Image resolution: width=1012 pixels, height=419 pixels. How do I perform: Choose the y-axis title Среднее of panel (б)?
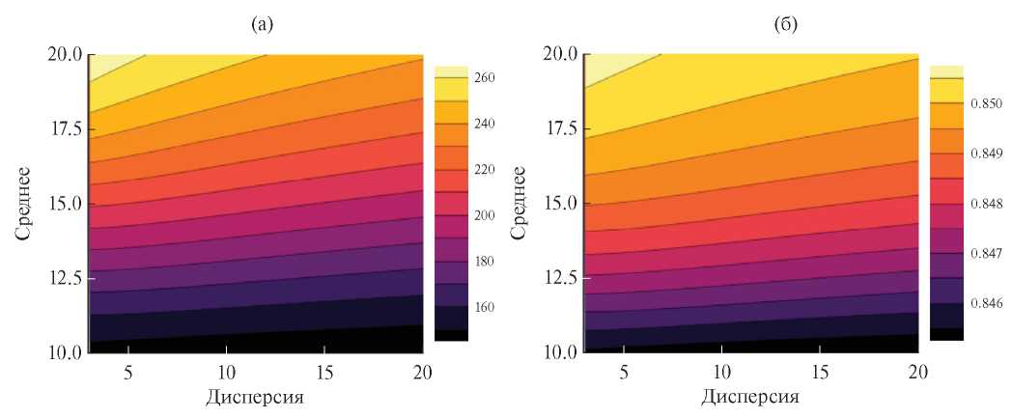[520, 204]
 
